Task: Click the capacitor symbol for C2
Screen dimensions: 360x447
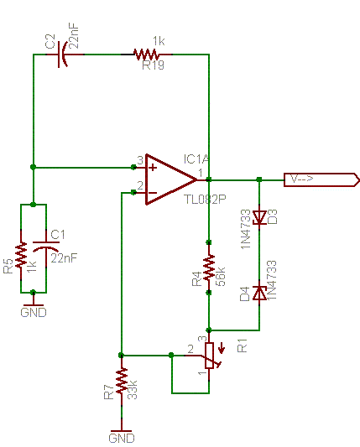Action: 62,55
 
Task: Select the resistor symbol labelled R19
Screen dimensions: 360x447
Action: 146,55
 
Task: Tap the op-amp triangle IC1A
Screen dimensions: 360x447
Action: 170,179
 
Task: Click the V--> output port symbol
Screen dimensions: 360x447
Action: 321,179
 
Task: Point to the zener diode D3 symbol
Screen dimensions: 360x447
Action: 259,218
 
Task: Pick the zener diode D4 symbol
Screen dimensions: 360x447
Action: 259,294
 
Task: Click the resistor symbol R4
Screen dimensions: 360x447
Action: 209,268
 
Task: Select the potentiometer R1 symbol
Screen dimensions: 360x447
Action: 211,356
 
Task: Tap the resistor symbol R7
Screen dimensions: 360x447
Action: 122,380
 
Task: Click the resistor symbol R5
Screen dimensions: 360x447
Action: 21,255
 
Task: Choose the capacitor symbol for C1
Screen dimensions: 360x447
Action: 46,246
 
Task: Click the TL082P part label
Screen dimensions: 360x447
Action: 205,200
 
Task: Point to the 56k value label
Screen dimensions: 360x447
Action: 221,277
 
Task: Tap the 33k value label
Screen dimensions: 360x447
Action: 132,390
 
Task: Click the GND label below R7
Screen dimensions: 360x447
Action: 122,438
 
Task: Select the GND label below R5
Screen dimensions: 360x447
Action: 34,313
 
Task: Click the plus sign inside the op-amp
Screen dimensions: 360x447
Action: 153,168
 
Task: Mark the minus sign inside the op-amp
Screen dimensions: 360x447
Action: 153,193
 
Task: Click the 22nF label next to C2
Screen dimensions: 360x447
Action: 74,35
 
